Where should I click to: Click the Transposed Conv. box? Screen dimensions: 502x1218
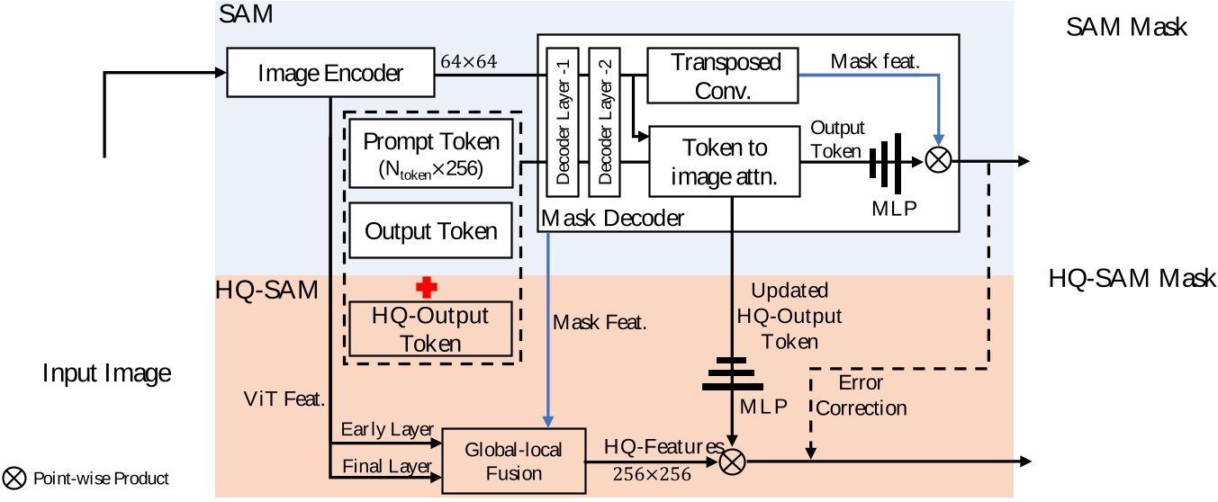click(723, 76)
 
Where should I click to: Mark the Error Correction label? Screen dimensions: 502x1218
click(861, 395)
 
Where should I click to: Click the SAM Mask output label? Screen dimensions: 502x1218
click(1126, 28)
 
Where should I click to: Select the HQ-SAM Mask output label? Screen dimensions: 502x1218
click(1132, 278)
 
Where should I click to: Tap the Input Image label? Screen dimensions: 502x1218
click(106, 372)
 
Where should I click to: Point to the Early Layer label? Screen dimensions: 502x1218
click(387, 429)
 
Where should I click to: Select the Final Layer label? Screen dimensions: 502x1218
click(387, 466)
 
